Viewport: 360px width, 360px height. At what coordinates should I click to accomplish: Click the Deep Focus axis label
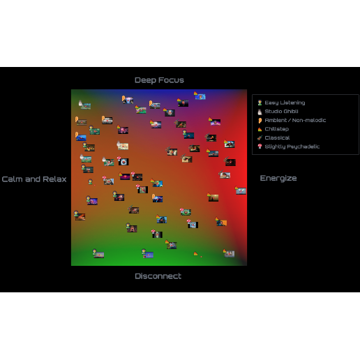coord(159,80)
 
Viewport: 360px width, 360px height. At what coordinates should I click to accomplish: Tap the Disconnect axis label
coord(158,276)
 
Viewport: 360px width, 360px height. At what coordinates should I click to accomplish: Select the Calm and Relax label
coord(34,179)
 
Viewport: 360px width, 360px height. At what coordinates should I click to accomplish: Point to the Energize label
coord(278,179)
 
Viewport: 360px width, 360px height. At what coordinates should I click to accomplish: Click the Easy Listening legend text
coord(285,103)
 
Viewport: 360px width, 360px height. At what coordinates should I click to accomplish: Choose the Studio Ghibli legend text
coord(281,112)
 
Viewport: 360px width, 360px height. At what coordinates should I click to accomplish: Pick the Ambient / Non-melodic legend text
coord(295,120)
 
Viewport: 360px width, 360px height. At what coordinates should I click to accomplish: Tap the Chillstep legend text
coord(277,129)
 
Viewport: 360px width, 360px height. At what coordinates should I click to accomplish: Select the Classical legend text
coord(277,137)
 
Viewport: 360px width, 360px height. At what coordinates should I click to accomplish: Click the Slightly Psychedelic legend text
coord(292,147)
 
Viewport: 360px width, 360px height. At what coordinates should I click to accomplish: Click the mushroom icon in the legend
coord(260,147)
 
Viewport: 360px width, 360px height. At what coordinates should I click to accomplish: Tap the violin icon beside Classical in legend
coord(260,137)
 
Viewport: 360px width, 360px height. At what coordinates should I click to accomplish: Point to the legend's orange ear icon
coord(260,121)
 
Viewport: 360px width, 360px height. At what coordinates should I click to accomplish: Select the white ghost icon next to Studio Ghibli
coord(260,112)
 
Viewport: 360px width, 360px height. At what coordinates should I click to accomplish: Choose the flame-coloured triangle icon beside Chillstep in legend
coord(260,129)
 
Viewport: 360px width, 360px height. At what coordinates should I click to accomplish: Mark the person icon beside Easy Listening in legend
coord(260,103)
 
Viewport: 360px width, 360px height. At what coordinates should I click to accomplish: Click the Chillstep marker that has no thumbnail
coord(195,253)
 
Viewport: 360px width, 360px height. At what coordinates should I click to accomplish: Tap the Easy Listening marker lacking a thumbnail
coord(90,181)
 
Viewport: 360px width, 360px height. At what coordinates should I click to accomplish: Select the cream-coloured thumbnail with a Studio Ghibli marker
coord(123,147)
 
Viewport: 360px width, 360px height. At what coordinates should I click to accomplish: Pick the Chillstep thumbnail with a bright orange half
coord(222,223)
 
